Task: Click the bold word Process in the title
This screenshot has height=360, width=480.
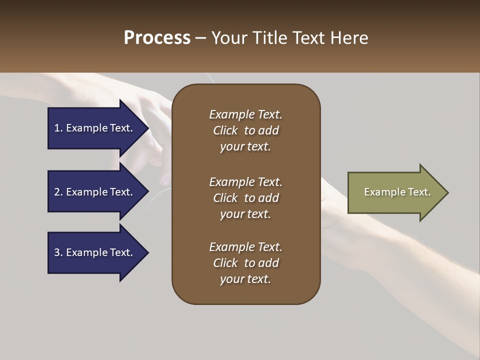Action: click(157, 38)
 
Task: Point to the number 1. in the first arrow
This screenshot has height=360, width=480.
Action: click(58, 128)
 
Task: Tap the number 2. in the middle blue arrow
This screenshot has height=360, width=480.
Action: click(58, 192)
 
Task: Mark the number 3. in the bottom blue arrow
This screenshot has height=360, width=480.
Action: click(58, 252)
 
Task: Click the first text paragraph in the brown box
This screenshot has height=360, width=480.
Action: click(245, 130)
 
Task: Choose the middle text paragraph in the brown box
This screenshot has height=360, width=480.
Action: click(245, 198)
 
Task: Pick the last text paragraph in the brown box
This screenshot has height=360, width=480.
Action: click(245, 263)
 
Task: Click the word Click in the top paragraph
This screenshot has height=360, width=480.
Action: click(225, 130)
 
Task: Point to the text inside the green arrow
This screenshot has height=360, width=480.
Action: click(397, 192)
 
